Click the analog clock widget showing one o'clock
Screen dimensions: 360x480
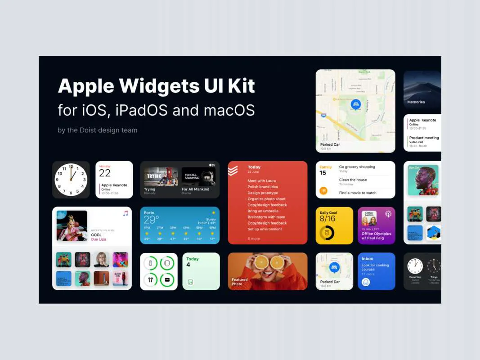tap(71, 180)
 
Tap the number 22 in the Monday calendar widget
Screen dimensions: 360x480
tap(105, 173)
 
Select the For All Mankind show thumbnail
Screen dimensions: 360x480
tap(198, 177)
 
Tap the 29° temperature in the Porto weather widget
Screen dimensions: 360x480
tap(151, 220)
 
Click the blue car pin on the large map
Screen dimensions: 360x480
tap(355, 105)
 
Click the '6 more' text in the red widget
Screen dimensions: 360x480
tap(254, 238)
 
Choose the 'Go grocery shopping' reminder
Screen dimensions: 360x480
tap(357, 167)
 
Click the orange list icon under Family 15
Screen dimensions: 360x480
tap(323, 191)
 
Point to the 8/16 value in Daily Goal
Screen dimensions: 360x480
tap(327, 219)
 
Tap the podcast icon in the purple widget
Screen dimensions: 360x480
tap(388, 214)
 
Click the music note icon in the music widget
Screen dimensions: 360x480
tap(126, 213)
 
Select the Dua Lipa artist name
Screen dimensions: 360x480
tap(99, 239)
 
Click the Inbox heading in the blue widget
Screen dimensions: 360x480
tap(367, 259)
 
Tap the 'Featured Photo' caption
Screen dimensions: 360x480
tap(239, 282)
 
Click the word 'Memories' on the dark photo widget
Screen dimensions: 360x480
tap(416, 102)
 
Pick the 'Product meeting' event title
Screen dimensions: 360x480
tap(424, 138)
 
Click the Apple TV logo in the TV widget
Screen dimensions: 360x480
tap(212, 165)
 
